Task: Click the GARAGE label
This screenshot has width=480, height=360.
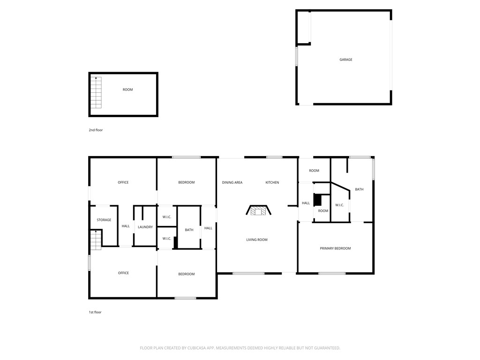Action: [346, 60]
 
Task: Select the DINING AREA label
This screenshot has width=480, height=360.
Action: [232, 182]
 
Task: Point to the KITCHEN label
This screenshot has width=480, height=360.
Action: [272, 182]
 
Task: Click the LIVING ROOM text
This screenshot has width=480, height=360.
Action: [257, 240]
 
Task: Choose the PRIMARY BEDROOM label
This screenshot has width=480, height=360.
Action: [335, 248]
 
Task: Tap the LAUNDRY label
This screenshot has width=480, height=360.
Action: [145, 227]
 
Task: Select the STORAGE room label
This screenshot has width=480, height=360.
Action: [104, 220]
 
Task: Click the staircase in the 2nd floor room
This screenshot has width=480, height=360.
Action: [96, 92]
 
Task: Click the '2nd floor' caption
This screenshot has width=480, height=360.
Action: [96, 130]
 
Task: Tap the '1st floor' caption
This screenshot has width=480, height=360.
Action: [95, 312]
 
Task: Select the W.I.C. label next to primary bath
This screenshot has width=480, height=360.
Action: [339, 205]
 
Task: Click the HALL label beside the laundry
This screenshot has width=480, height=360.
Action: [126, 226]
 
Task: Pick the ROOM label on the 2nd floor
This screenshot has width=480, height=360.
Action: [127, 90]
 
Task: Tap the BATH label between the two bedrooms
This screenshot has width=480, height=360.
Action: [189, 230]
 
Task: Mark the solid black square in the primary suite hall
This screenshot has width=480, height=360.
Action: [317, 200]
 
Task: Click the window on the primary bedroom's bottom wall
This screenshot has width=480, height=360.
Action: [332, 273]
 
